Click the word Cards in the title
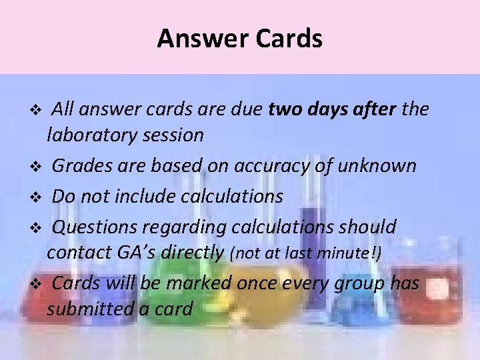[x=289, y=39]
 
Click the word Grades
[x=85, y=165]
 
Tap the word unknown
[x=380, y=165]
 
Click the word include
[x=133, y=196]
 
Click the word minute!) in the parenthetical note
[x=358, y=253]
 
